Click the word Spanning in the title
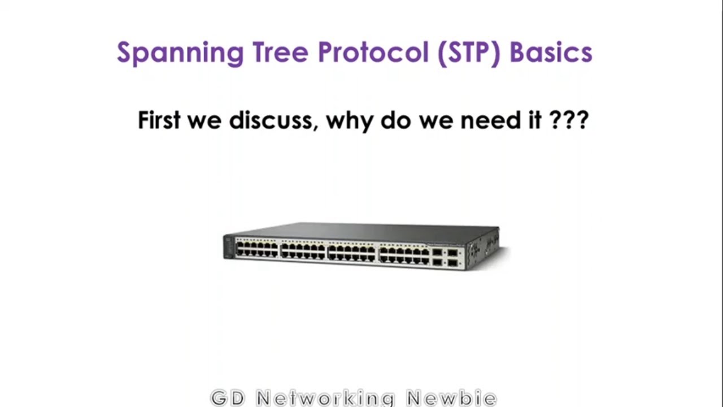[x=180, y=53]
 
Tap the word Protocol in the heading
[x=373, y=53]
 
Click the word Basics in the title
[x=551, y=53]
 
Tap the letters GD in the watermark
[x=228, y=398]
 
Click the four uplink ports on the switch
[x=445, y=257]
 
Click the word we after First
[x=204, y=121]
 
